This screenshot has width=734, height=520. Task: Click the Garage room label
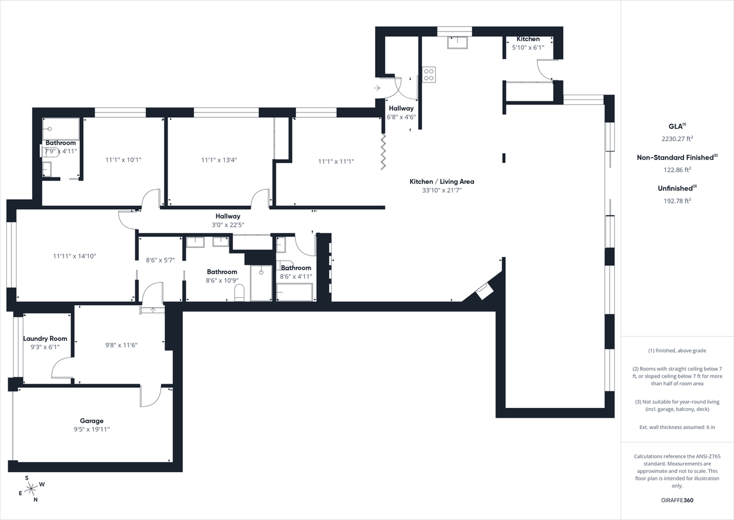pos(92,421)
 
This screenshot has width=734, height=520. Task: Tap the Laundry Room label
pos(45,339)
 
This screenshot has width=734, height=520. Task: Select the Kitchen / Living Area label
pos(442,181)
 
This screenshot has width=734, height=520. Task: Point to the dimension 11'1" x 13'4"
pos(219,160)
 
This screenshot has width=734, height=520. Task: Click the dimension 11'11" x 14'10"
pos(74,256)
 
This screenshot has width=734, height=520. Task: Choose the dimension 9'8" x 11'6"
pos(121,345)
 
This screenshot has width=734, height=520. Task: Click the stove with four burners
pos(429,73)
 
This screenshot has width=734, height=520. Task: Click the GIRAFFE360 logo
pos(677,500)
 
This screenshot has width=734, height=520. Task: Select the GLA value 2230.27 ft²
pos(677,138)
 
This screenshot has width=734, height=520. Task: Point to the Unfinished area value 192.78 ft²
pos(677,200)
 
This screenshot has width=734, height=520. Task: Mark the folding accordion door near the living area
pos(384,152)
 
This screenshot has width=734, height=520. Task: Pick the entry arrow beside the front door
pos(377,88)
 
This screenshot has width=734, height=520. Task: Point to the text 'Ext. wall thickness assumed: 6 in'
pos(677,427)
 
